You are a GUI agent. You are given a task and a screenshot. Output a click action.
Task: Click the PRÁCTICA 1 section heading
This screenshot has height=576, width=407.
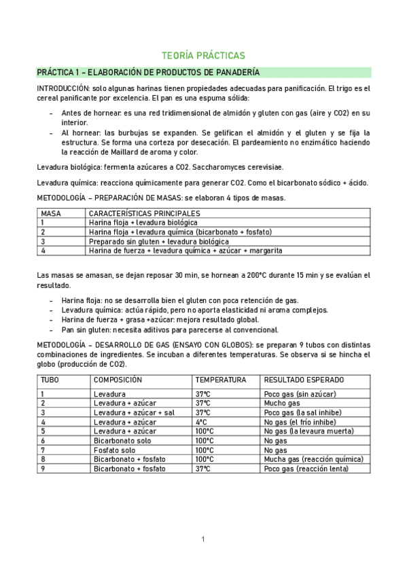pos(147,72)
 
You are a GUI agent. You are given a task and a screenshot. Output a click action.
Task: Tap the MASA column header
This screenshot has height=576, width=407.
pos(52,213)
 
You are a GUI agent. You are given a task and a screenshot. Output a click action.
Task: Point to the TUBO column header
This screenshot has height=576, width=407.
pos(50,380)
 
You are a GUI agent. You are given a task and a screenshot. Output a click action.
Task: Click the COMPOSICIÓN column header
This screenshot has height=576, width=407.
pos(118,380)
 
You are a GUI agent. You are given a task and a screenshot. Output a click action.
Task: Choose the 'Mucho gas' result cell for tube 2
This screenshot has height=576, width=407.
pos(281,403)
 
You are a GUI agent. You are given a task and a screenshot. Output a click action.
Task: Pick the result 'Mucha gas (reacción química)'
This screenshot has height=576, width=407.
pos(314,459)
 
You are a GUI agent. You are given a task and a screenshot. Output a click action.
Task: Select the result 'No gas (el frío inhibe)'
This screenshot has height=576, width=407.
pos(301,422)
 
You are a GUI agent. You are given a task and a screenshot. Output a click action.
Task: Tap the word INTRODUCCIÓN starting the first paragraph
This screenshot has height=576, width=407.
pos(63,89)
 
